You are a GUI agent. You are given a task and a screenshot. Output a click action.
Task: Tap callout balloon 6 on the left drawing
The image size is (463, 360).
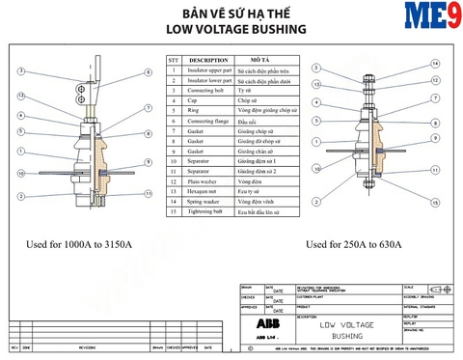click(x=148, y=73)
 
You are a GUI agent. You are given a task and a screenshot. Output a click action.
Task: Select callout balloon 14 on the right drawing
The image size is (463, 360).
click(x=434, y=64)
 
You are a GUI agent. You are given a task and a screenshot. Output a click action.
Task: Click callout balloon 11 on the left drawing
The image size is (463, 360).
click(x=148, y=193)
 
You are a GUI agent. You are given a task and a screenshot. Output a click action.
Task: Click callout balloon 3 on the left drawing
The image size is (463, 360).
click(x=20, y=73)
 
